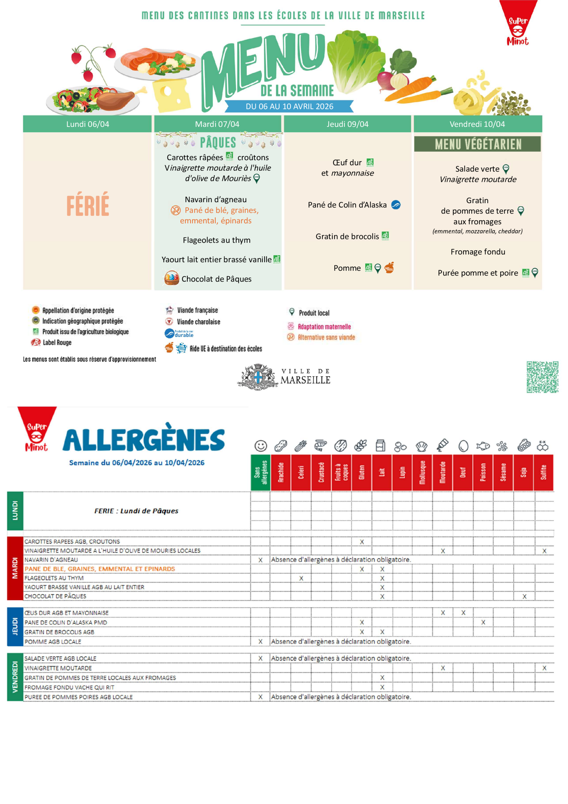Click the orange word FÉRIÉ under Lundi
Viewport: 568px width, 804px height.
point(88,204)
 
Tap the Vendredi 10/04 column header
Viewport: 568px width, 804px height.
point(477,124)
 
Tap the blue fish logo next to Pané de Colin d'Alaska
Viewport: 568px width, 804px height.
point(395,205)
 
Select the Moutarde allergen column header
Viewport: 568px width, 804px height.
point(443,472)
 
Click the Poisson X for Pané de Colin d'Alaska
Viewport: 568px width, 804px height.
point(483,622)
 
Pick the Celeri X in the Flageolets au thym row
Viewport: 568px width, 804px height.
point(301,578)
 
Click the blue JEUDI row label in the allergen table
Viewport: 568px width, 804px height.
point(15,626)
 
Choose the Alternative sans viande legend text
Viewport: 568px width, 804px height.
point(326,337)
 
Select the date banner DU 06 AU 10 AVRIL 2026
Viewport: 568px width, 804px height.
point(289,106)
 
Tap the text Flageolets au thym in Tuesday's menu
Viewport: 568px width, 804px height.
point(217,240)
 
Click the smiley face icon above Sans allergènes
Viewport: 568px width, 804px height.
point(260,446)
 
